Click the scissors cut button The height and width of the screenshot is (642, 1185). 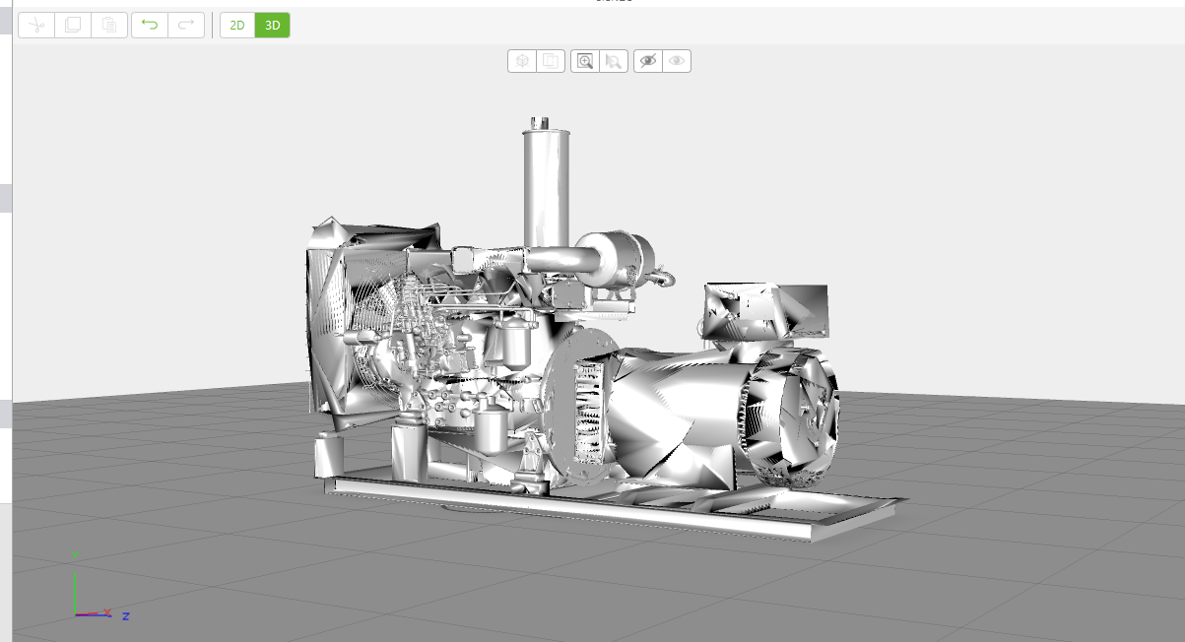pyautogui.click(x=35, y=26)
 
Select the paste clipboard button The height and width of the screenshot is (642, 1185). pyautogui.click(x=109, y=26)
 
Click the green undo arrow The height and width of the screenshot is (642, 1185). pyautogui.click(x=150, y=26)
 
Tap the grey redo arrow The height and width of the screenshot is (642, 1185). pyautogui.click(x=186, y=26)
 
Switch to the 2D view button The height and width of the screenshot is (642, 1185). pyautogui.click(x=237, y=26)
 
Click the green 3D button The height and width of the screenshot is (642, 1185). pyautogui.click(x=273, y=26)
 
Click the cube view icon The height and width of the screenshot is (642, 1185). pyautogui.click(x=522, y=61)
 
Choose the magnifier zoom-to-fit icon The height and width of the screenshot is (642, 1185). pyautogui.click(x=585, y=61)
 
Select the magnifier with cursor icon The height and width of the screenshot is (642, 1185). pyautogui.click(x=613, y=61)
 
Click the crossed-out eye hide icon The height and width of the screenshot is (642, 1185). pyautogui.click(x=647, y=61)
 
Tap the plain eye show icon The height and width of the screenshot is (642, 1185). pyautogui.click(x=677, y=61)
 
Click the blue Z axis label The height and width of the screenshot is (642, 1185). pyautogui.click(x=126, y=616)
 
